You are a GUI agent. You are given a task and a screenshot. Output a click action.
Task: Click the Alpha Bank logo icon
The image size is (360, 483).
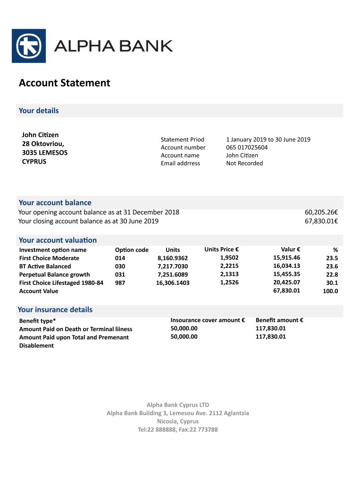(x=29, y=46)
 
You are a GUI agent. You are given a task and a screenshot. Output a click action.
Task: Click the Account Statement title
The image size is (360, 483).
(x=64, y=83)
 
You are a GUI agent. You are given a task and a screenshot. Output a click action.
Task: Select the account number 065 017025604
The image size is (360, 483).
(x=247, y=147)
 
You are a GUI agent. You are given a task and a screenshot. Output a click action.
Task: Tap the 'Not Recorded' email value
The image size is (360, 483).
(x=244, y=163)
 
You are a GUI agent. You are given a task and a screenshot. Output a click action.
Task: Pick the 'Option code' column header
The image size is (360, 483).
(x=132, y=250)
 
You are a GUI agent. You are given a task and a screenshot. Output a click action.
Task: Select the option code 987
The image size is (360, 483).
(x=120, y=283)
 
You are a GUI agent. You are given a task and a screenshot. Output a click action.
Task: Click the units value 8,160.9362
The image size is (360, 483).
(x=173, y=258)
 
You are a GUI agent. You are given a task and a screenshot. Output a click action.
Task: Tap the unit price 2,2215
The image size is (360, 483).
(x=229, y=266)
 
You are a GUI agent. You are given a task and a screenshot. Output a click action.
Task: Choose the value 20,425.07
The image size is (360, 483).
(x=286, y=283)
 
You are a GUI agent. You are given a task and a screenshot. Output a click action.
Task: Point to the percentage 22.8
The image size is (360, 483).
(x=332, y=275)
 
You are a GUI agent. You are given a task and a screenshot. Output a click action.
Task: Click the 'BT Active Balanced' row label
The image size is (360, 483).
(x=45, y=266)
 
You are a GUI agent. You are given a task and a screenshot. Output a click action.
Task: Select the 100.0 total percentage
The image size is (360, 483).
(x=330, y=291)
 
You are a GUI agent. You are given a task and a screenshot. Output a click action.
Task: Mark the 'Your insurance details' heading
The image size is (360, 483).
(x=55, y=310)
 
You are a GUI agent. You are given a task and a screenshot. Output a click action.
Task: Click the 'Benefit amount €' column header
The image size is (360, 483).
(x=279, y=320)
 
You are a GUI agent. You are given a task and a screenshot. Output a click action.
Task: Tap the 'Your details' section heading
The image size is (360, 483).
(x=39, y=111)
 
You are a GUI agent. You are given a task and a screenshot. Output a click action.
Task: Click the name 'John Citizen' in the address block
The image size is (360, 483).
(x=40, y=135)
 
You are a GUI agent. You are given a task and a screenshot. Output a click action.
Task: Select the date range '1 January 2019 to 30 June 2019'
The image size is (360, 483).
(x=268, y=139)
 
